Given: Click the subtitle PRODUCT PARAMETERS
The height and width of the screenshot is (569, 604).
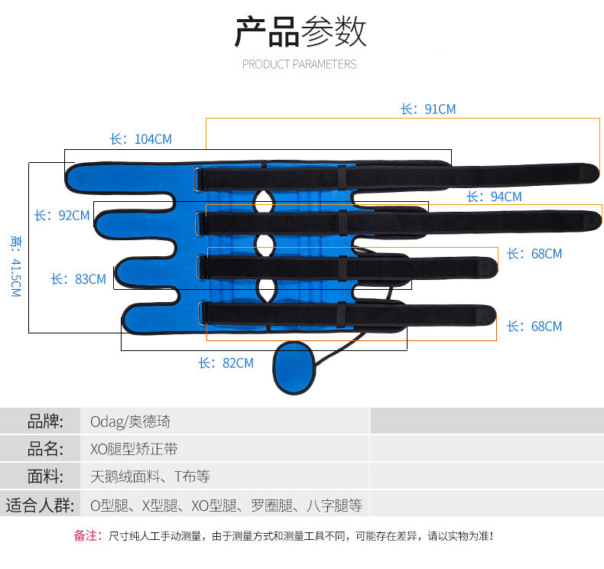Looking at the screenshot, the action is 299,64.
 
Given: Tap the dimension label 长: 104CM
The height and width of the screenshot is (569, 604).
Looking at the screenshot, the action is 141,139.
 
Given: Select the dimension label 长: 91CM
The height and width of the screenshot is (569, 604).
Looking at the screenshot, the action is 427,109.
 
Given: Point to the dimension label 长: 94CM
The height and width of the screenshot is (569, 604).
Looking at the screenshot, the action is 494,197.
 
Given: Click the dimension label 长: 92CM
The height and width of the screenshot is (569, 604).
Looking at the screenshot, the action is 62,216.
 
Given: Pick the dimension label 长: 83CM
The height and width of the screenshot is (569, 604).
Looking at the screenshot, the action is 79,279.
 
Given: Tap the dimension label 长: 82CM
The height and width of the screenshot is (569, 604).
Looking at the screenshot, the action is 226,363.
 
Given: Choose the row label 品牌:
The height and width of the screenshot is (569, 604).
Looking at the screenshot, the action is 44,421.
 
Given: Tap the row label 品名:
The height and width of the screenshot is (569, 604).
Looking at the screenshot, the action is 44,449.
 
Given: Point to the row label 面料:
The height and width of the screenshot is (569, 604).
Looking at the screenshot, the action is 44,477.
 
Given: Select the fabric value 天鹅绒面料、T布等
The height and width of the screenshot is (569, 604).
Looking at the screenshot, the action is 150,477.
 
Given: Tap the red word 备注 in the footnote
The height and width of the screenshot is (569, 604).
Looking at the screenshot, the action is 87,536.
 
